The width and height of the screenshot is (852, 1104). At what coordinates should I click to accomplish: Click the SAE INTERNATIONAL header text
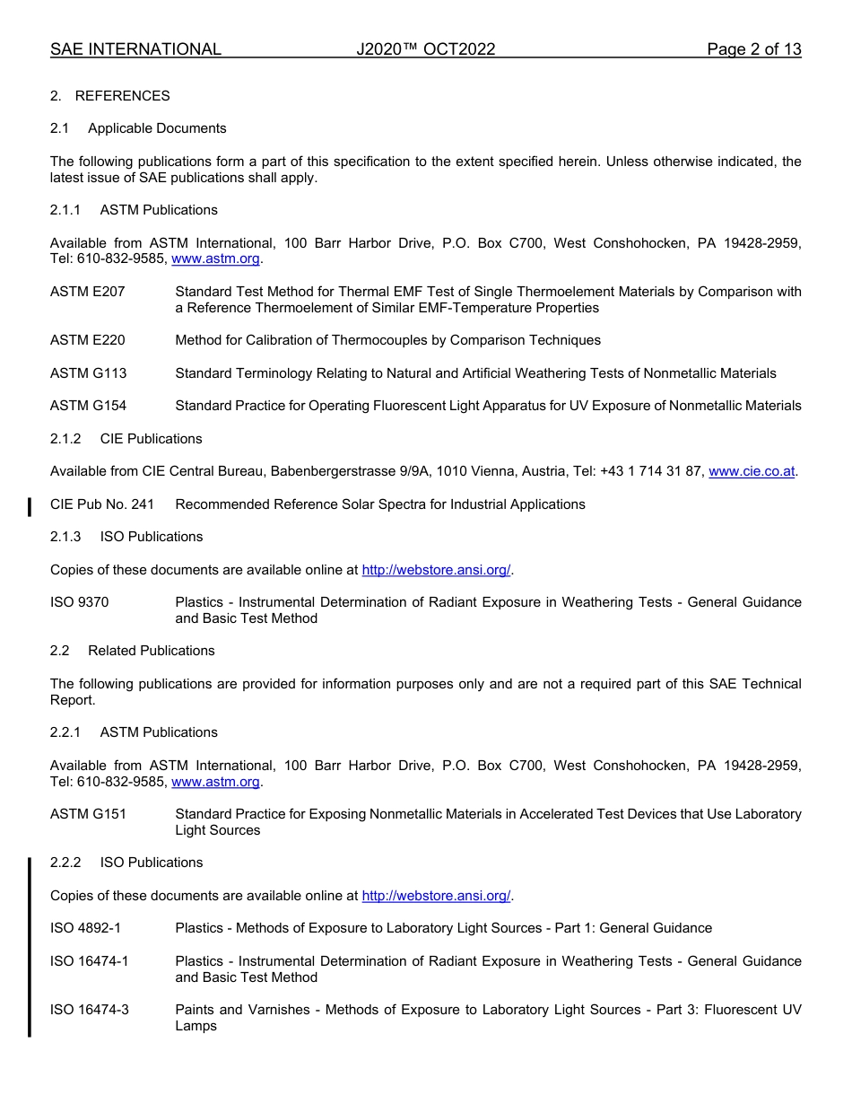[x=135, y=49]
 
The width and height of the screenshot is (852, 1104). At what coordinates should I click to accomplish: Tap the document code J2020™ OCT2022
[x=425, y=49]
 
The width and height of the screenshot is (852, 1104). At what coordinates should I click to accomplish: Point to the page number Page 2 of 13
[x=753, y=49]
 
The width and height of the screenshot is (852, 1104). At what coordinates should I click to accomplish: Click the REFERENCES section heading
[x=122, y=96]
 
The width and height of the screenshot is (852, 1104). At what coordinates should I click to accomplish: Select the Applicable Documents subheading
[x=157, y=128]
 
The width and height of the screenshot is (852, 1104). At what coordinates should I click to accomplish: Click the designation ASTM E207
[x=88, y=292]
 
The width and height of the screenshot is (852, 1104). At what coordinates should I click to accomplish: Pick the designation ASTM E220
[x=88, y=340]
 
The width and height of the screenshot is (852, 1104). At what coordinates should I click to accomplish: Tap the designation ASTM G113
[x=88, y=373]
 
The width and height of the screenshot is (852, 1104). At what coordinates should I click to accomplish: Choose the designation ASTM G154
[x=88, y=406]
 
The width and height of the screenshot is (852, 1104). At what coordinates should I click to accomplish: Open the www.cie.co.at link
[x=752, y=471]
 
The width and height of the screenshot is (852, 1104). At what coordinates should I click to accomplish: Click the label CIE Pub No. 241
[x=102, y=504]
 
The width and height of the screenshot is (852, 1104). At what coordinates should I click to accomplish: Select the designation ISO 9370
[x=79, y=602]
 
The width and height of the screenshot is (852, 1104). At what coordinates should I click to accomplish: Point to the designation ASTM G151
[x=88, y=814]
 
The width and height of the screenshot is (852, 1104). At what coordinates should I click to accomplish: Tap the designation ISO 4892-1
[x=85, y=928]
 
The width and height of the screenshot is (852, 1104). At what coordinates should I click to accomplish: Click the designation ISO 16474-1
[x=89, y=961]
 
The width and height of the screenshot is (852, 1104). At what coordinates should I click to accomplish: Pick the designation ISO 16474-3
[x=89, y=1010]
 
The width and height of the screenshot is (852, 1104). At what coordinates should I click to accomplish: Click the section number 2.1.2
[x=65, y=439]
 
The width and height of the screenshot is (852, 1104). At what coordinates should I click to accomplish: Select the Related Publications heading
[x=151, y=651]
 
